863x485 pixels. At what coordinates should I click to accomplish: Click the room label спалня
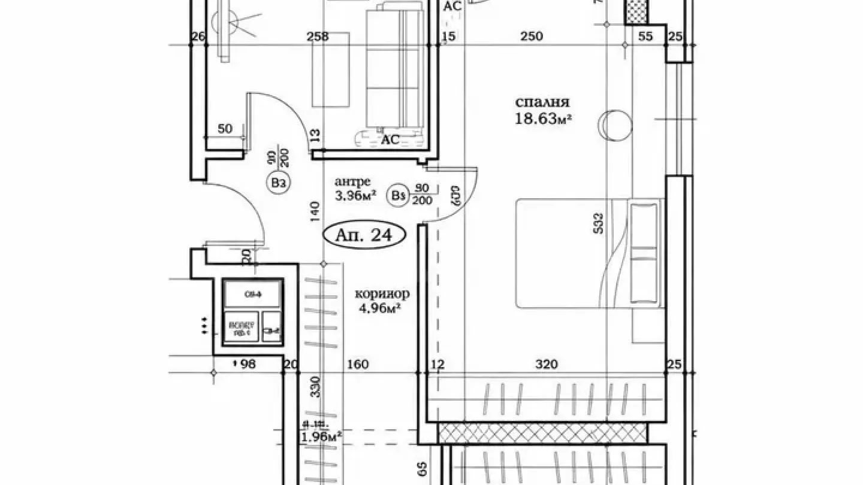tap(542, 102)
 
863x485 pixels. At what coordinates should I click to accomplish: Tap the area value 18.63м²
tap(543, 119)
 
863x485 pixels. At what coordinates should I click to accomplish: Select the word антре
tap(352, 181)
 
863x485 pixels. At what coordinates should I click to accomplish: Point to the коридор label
tap(382, 294)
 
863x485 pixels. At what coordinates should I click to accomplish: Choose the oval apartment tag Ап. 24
tap(364, 235)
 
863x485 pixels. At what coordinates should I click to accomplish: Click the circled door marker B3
tap(277, 183)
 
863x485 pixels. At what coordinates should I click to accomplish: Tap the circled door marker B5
tap(397, 195)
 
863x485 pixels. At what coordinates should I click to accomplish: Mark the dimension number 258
tap(318, 37)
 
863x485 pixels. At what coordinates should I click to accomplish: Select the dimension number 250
tap(532, 37)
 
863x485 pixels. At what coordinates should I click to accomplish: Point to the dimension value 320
tap(547, 364)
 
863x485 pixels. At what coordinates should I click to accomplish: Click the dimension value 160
tap(358, 364)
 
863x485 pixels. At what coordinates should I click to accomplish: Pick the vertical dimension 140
tap(316, 212)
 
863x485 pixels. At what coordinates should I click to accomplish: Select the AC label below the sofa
tap(391, 140)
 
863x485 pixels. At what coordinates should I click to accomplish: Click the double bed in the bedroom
tap(590, 254)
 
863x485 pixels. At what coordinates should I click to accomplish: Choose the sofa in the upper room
tap(396, 67)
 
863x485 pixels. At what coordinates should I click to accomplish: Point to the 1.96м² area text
tap(321, 437)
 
